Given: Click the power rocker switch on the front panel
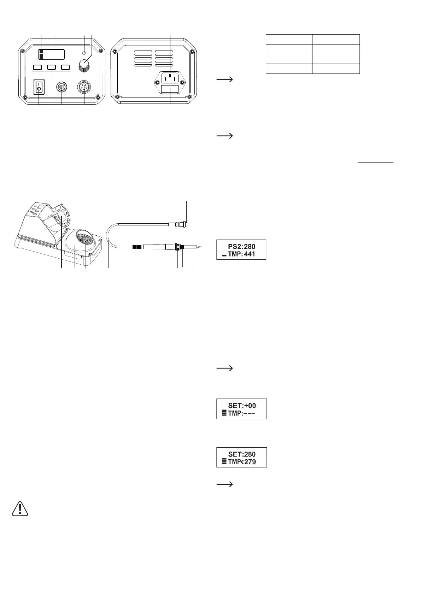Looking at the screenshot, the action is point(39,87).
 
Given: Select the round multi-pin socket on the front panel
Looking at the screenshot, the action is point(84,88).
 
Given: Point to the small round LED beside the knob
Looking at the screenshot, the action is point(84,53).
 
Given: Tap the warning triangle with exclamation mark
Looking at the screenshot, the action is point(20,508).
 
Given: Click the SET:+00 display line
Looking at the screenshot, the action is point(242,406).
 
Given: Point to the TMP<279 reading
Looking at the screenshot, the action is point(242,462).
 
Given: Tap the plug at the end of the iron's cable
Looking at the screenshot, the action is point(182,223).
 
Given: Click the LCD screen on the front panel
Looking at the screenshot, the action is point(52,55).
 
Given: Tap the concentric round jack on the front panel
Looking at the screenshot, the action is point(62,87).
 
